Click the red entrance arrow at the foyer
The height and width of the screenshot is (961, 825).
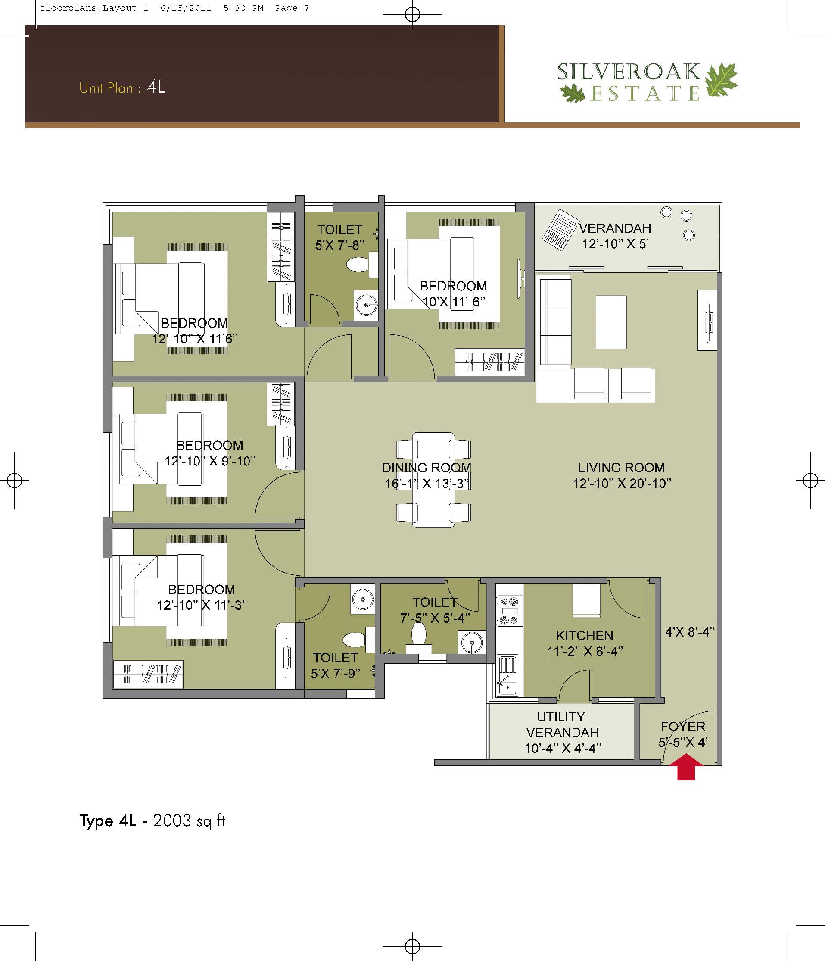coord(686,767)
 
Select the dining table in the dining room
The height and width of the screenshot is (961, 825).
coord(433,480)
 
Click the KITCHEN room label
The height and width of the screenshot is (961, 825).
coord(585,635)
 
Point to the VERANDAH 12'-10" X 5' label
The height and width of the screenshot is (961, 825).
coord(615,236)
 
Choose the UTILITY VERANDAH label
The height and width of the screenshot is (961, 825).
coord(562,724)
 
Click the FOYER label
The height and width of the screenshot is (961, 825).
coord(683,726)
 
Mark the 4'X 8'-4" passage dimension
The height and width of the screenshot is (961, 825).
coord(690,632)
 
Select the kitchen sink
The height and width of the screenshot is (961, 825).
coord(507,676)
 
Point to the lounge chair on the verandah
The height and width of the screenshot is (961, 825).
coord(560,230)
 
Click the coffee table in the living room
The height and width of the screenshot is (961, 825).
coord(611,322)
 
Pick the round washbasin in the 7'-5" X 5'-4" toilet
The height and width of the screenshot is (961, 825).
coord(472,643)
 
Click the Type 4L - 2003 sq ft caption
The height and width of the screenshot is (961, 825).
coord(152,821)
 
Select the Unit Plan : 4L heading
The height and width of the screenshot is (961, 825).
coord(122,87)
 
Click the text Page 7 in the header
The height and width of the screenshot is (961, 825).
coord(292,8)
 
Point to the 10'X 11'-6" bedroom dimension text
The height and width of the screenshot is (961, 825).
coord(454,302)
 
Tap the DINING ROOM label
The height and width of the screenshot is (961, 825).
coord(426,468)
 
